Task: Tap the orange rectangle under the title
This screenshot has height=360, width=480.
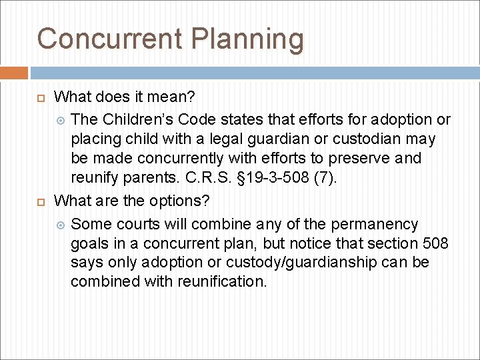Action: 14,73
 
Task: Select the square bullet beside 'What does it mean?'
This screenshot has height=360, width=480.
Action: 41,98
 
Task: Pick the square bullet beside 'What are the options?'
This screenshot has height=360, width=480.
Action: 41,201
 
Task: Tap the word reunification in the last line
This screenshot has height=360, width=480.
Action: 221,282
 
